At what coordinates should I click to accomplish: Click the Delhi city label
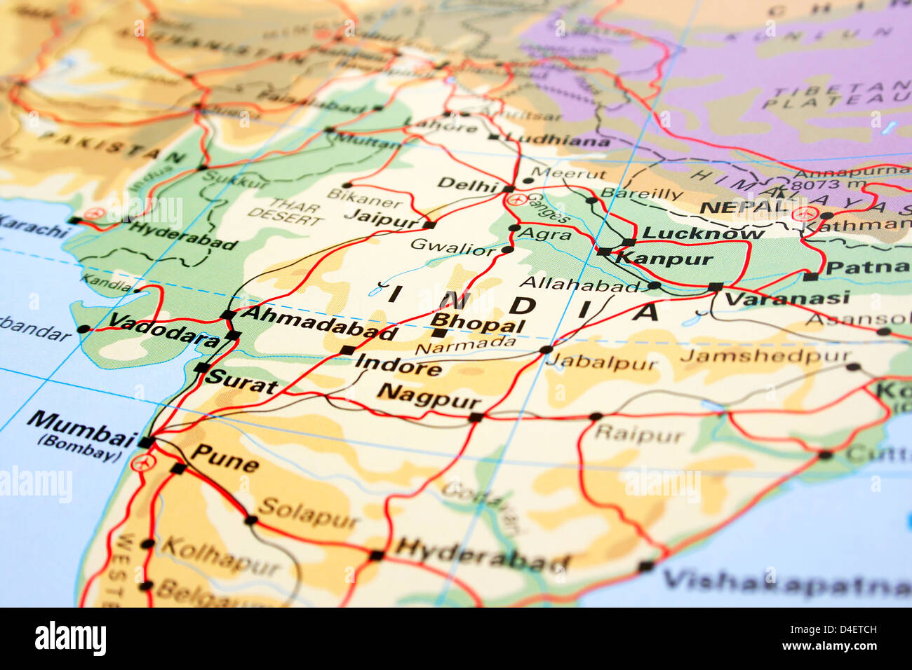466,184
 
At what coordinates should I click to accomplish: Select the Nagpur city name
428,396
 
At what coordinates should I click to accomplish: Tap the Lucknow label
703,233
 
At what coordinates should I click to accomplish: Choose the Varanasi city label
786,299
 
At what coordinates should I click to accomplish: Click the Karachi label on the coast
32,226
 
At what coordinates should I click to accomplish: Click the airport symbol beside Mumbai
142,463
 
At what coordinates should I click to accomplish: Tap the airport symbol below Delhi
516,200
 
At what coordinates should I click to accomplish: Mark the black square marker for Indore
347,350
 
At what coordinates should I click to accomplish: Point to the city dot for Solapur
250,520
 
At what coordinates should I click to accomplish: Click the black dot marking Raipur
596,416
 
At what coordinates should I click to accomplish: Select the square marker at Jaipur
429,225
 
